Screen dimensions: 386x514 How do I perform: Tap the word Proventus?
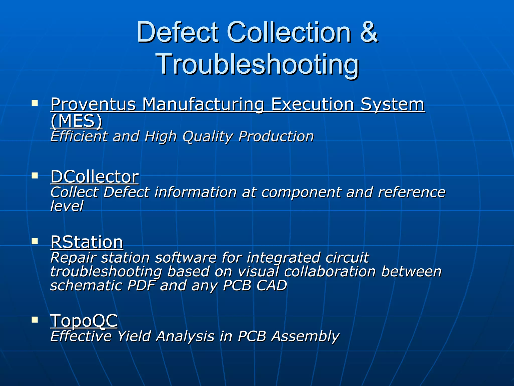click(x=93, y=105)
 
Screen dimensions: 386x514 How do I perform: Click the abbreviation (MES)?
click(x=77, y=121)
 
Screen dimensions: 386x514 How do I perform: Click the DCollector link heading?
click(x=95, y=177)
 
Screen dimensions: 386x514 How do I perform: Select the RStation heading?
click(x=87, y=242)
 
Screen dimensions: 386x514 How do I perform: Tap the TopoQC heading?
click(x=84, y=321)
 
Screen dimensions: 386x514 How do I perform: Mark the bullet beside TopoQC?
click(x=35, y=320)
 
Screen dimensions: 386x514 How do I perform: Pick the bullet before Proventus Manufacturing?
click(x=35, y=103)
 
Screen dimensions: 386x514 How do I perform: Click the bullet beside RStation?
click(x=35, y=241)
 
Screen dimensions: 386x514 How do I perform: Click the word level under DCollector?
click(x=67, y=206)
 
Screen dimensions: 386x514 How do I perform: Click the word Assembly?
click(x=305, y=336)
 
